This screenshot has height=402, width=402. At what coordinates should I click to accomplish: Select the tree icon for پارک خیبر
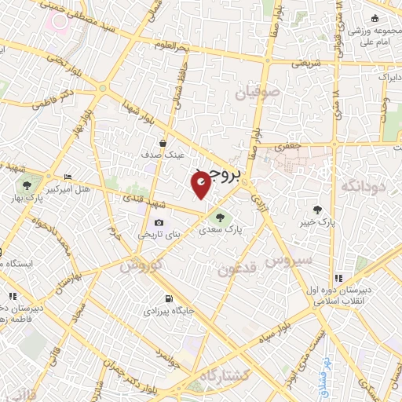click(x=317, y=209)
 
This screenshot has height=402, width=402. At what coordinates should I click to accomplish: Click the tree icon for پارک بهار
click(x=27, y=185)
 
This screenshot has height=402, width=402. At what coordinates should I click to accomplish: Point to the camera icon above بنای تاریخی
click(x=160, y=223)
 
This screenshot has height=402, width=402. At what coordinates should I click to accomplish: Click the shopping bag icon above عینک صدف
click(x=162, y=143)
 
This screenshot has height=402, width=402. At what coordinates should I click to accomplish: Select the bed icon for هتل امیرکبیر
click(x=67, y=177)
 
